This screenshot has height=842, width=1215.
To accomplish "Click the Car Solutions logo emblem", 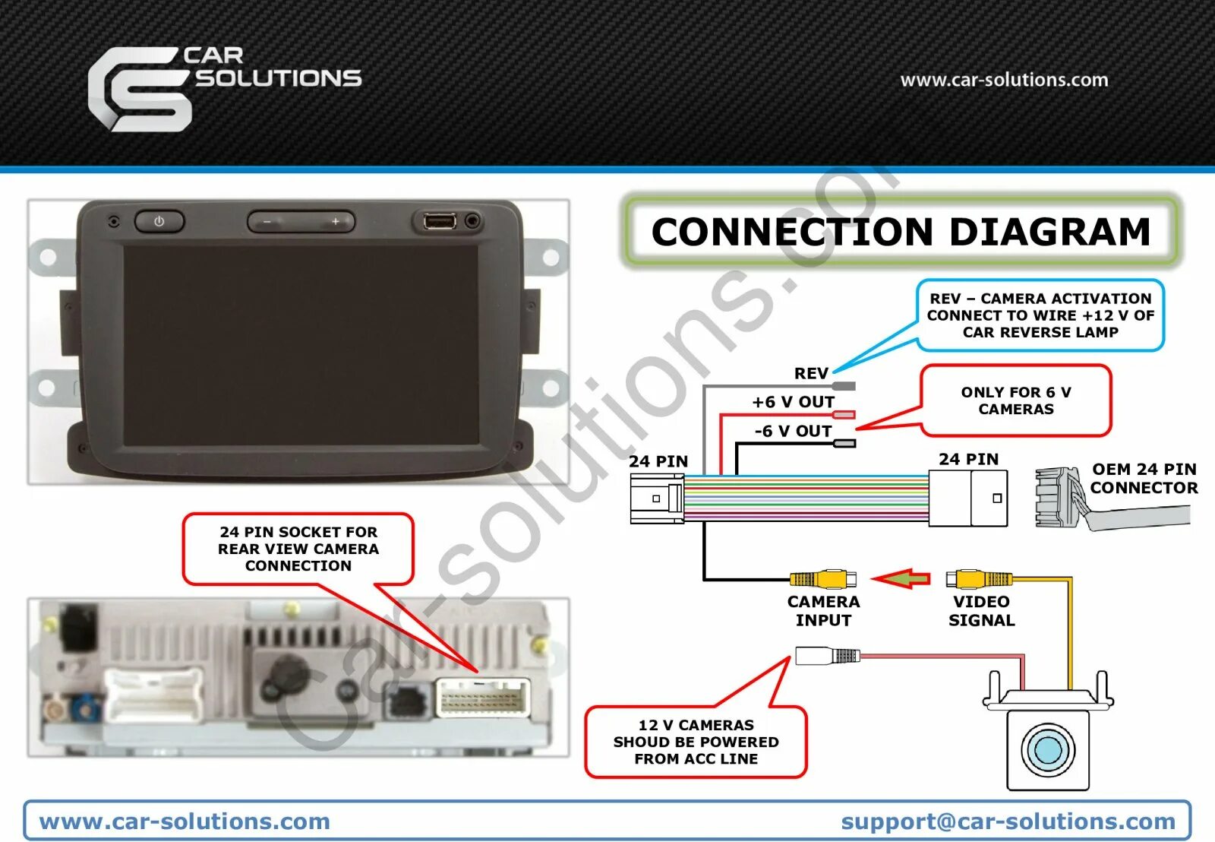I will coord(139,89).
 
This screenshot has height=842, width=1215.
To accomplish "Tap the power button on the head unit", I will coord(159,221).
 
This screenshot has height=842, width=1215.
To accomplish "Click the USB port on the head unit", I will coord(440,221).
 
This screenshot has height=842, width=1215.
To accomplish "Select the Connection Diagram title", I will coord(901,232).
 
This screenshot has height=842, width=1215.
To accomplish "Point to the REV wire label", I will coord(810,373).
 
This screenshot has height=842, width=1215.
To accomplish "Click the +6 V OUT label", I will coord(793,402).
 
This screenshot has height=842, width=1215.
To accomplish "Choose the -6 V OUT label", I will coord(793,431).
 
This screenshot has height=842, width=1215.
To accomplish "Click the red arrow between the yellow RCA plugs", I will coord(901,579).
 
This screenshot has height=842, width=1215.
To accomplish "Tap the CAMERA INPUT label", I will coord(823,610).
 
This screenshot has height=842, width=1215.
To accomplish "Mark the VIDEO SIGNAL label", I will coord(981,610).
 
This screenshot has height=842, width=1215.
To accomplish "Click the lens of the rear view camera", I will coord(1047,749).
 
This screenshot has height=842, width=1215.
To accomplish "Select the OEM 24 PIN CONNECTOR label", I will coord(1144,478).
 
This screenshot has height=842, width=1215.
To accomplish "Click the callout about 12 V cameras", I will coord(696,742).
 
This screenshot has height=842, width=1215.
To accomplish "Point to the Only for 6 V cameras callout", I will coord(1016,400).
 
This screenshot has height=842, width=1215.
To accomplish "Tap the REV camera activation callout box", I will coord(1040,315).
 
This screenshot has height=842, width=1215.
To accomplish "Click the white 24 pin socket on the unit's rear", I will coord(483,698).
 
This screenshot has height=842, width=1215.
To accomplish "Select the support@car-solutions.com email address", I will coord(1008,821).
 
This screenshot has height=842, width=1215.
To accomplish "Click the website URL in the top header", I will coord(1004,80).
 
